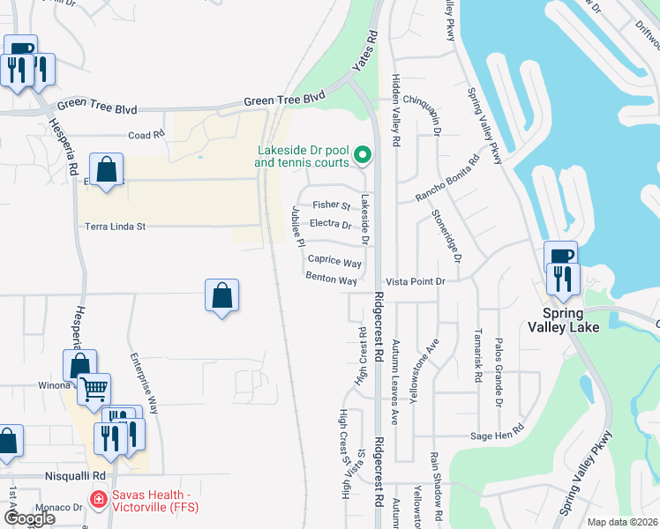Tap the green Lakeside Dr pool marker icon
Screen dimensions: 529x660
362,156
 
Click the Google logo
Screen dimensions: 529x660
30,518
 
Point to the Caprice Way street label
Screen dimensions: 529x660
334,263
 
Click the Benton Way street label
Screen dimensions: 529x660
331,280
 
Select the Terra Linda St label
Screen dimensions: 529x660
114,227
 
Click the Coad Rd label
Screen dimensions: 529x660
146,135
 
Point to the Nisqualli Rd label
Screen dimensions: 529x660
75,475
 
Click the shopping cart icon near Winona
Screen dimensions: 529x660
94,387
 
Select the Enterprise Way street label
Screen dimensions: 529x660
144,384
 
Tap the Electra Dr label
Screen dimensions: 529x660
332,224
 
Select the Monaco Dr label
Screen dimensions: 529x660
59,508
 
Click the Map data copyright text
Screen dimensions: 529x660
622,522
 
